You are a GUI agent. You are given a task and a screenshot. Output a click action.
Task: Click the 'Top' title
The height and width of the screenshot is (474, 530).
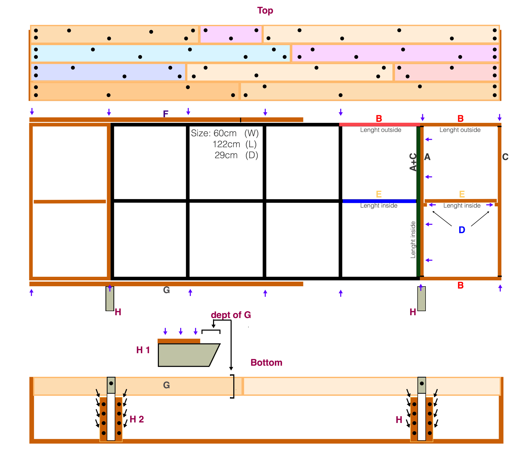coord(265,11)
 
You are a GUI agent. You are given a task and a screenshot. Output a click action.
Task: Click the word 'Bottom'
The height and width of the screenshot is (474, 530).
coord(266,362)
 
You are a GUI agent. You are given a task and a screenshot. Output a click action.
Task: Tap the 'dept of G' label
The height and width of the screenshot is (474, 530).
coord(231,315)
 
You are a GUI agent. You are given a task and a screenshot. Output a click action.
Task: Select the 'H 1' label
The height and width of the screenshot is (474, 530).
coord(143,350)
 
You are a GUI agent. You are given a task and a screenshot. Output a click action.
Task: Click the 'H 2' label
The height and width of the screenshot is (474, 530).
coord(137,419)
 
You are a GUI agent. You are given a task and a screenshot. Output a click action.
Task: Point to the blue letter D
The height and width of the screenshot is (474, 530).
coord(462,230)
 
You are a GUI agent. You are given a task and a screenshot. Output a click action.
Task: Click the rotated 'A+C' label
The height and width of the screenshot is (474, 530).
coord(413,162)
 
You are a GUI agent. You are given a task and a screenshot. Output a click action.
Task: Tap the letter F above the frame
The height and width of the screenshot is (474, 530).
coord(166,114)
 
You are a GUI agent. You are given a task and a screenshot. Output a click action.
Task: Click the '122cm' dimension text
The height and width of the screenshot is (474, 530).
coord(226,144)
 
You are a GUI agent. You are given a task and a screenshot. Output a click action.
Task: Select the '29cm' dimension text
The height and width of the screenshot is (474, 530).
coord(226,155)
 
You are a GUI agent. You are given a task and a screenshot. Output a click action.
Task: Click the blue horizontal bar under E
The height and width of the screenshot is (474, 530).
coord(379,201)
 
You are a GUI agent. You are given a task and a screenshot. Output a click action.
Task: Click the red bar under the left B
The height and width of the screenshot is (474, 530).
coord(379,125)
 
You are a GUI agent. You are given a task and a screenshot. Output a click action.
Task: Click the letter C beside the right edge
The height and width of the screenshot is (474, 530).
coord(505,157)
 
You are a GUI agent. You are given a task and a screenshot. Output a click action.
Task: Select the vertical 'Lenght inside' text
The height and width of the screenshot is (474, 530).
coord(413,240)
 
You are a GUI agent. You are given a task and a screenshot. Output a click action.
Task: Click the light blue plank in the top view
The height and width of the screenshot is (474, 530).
coord(160,53)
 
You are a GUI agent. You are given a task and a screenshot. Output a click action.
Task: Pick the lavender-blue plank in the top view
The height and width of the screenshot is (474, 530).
coord(108,72)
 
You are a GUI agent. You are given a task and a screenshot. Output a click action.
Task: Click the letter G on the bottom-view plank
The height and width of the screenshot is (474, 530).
coord(167,385)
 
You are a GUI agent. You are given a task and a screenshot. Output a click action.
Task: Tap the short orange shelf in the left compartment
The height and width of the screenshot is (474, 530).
coord(70,202)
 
